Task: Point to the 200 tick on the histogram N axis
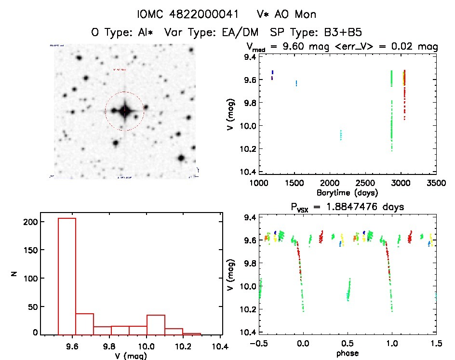(x=30, y=222)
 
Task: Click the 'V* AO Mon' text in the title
(x=287, y=13)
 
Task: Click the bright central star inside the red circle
(x=124, y=110)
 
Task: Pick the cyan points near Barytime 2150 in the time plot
(x=341, y=134)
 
